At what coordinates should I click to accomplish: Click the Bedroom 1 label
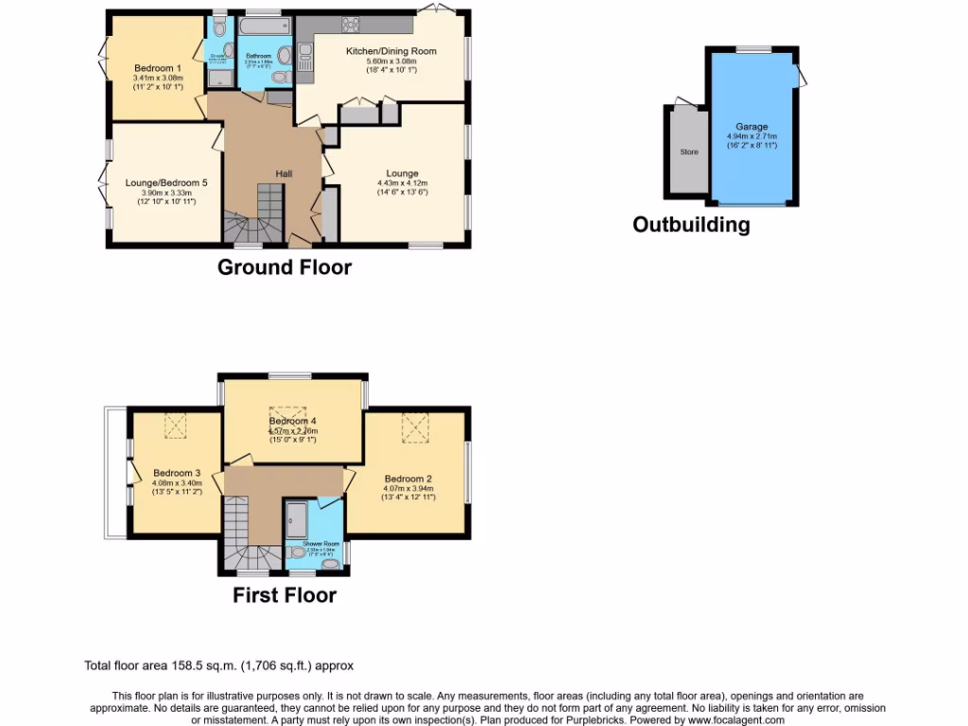pyautogui.click(x=157, y=68)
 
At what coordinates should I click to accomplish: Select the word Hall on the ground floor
pyautogui.click(x=284, y=174)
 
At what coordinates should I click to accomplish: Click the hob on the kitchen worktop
pyautogui.click(x=351, y=25)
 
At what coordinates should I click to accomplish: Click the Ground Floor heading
pyautogui.click(x=284, y=268)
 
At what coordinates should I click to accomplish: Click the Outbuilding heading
pyautogui.click(x=691, y=225)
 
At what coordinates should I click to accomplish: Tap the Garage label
pyautogui.click(x=752, y=127)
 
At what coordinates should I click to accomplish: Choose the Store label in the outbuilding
pyautogui.click(x=688, y=151)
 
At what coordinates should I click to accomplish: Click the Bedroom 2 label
pyautogui.click(x=407, y=478)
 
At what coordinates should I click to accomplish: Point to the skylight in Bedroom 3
pyautogui.click(x=176, y=426)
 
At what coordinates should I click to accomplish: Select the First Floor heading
pyautogui.click(x=285, y=596)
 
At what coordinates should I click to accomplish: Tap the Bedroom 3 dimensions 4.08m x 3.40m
pyautogui.click(x=177, y=483)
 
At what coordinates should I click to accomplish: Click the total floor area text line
pyautogui.click(x=219, y=665)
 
